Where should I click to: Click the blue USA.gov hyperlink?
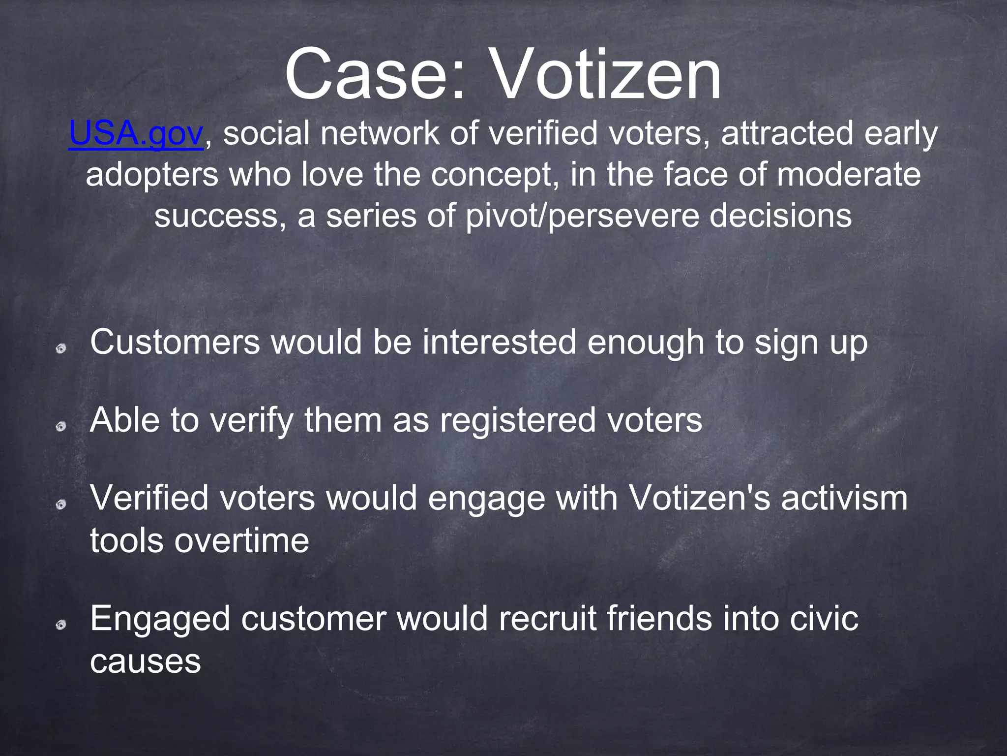tap(136, 134)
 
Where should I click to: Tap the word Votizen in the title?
tap(606, 75)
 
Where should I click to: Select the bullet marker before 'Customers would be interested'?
tap(61, 349)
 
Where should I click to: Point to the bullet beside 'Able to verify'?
tap(61, 427)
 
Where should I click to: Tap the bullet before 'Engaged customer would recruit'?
tap(61, 625)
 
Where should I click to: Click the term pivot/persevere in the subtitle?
tap(582, 216)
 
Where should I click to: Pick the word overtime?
tap(242, 541)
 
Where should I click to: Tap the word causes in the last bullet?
tap(146, 661)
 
